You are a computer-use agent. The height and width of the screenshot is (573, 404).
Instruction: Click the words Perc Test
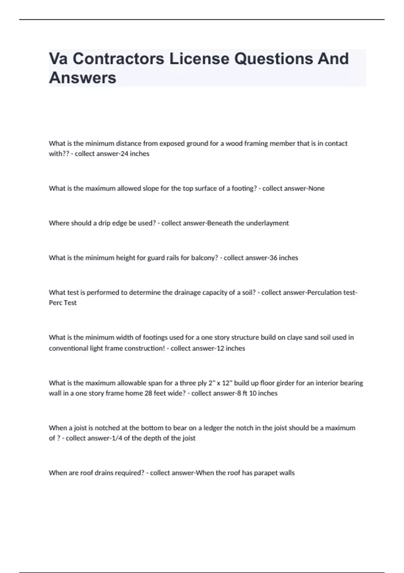tap(63, 303)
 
